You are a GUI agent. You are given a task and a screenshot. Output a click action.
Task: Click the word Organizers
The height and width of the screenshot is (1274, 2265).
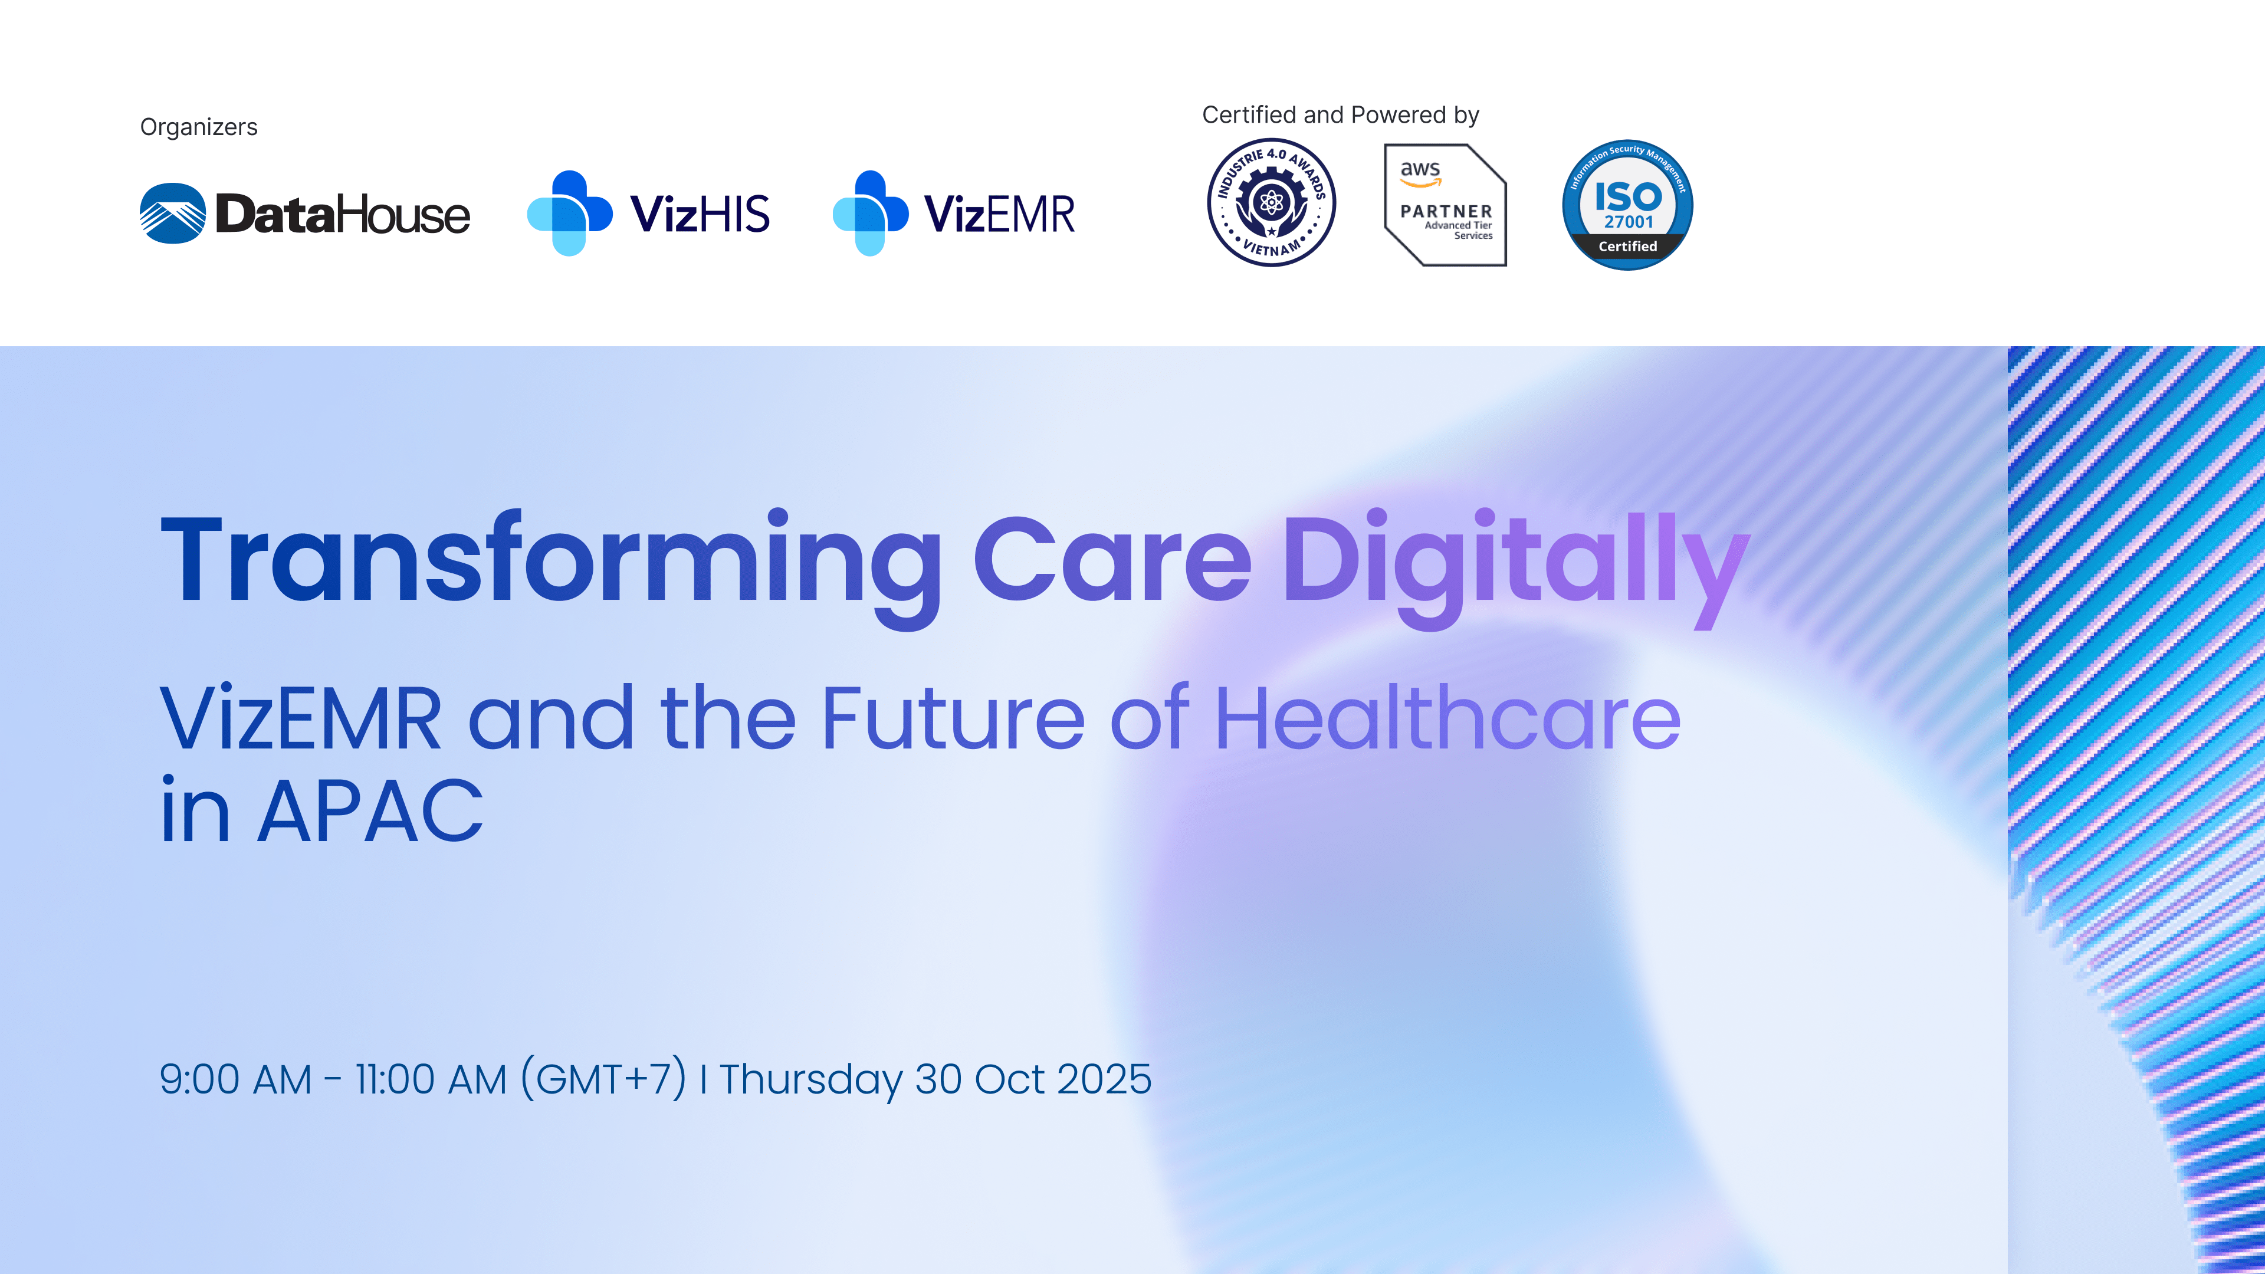click(199, 127)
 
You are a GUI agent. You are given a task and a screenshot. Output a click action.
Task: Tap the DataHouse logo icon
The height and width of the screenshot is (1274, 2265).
click(172, 214)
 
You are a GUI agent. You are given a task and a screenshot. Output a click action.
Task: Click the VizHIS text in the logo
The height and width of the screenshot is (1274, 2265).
click(700, 214)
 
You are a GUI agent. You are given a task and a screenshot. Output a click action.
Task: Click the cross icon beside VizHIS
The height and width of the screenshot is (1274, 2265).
click(570, 214)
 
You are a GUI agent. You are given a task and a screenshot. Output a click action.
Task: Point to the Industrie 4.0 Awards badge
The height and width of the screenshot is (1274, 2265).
click(1272, 203)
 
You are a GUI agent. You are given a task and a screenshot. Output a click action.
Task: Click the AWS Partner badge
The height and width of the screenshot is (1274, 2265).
click(1446, 205)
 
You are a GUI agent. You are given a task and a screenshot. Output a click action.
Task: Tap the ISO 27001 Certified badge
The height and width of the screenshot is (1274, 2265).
click(1627, 205)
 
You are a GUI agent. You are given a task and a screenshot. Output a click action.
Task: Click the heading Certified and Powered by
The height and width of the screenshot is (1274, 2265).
click(1340, 115)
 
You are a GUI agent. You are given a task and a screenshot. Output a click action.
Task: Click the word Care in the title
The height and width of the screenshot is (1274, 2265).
click(1112, 560)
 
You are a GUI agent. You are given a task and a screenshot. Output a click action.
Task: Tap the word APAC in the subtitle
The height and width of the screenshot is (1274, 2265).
click(370, 810)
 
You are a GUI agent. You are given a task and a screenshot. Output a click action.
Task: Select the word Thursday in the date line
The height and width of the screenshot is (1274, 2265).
click(810, 1081)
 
